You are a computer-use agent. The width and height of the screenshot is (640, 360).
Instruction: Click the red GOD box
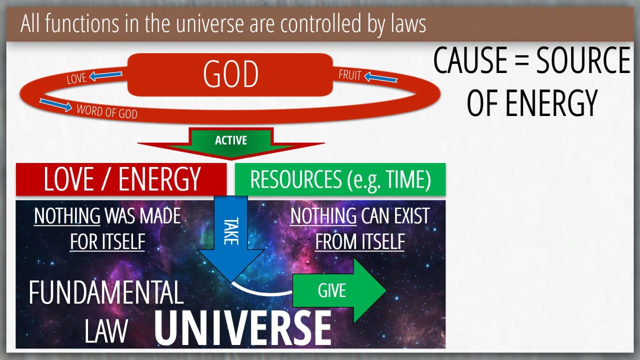pyautogui.click(x=230, y=74)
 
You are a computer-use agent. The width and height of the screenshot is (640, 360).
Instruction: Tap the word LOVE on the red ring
pyautogui.click(x=76, y=78)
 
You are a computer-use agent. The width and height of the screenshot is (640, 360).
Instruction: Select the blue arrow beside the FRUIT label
pyautogui.click(x=381, y=77)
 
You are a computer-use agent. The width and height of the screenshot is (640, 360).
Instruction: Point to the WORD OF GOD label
pyautogui.click(x=107, y=111)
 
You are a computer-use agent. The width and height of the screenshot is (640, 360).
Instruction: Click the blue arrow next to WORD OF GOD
pyautogui.click(x=55, y=104)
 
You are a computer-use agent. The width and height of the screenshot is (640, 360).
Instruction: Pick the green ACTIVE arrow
pyautogui.click(x=231, y=143)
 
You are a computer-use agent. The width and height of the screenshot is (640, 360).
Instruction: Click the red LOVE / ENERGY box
pyautogui.click(x=121, y=179)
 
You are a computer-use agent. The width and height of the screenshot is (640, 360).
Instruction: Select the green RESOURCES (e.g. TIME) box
pyautogui.click(x=340, y=179)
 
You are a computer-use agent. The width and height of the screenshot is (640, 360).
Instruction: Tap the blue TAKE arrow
pyautogui.click(x=231, y=238)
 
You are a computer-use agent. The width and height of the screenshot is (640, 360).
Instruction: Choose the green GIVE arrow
pyautogui.click(x=339, y=291)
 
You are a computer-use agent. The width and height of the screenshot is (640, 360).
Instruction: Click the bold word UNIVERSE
pyautogui.click(x=243, y=328)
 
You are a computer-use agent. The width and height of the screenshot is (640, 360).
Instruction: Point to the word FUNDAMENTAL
pyautogui.click(x=106, y=292)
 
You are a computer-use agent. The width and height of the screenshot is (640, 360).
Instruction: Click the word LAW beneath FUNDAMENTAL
pyautogui.click(x=106, y=330)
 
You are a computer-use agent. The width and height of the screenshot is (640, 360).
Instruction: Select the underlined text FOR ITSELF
pyautogui.click(x=107, y=241)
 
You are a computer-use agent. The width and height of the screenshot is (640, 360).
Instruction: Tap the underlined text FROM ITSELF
pyautogui.click(x=360, y=241)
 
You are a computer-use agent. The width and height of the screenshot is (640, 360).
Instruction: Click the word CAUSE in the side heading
pyautogui.click(x=470, y=60)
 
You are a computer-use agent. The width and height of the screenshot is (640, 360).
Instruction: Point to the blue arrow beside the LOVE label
pyautogui.click(x=105, y=75)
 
